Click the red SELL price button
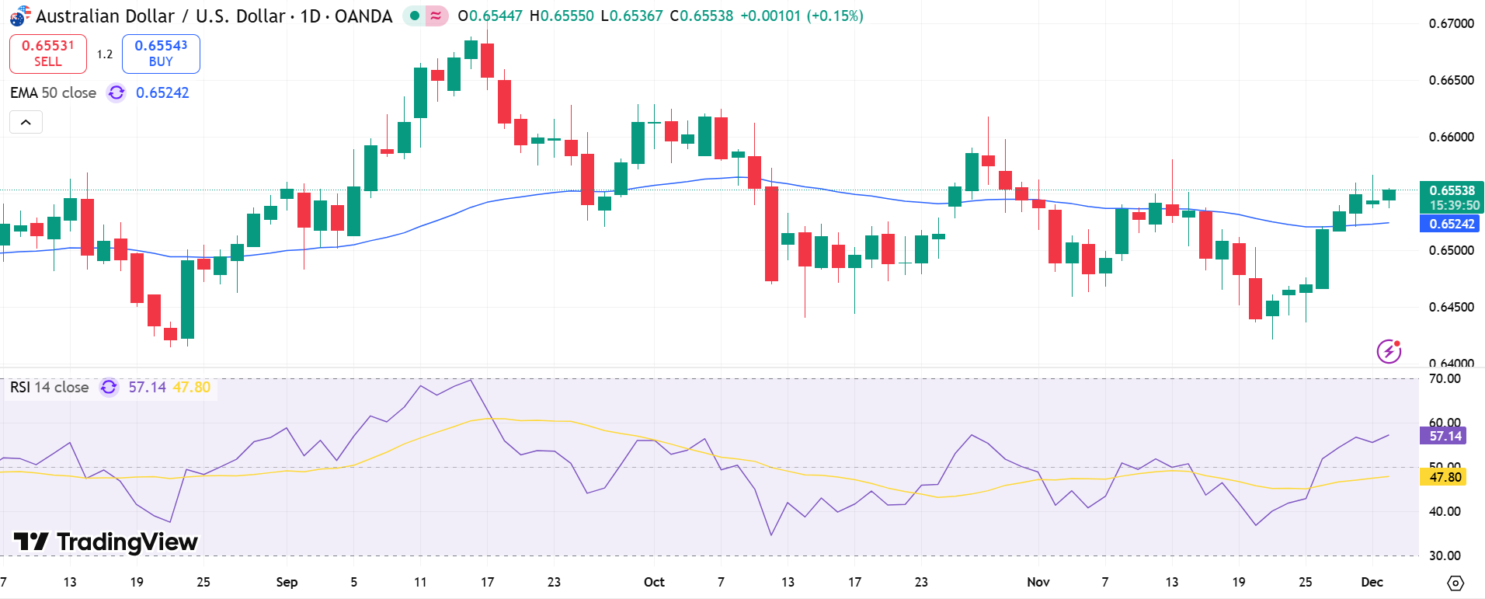pos(47,54)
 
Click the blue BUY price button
pos(161,54)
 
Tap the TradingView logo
pos(106,542)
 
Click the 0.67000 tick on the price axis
pos(1451,23)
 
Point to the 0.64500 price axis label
pos(1451,307)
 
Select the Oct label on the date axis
pos(654,582)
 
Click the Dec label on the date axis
pos(1372,582)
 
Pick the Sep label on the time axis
pos(287,582)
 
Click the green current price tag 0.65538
pos(1452,190)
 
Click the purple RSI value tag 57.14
pos(1445,436)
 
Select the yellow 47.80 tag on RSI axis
pos(1445,477)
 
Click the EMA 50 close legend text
pos(53,92)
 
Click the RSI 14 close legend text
pos(49,387)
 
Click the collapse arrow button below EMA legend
pos(26,122)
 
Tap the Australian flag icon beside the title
pos(19,16)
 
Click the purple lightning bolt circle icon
pos(1389,351)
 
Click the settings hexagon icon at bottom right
pos(1455,583)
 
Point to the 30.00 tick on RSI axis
pos(1445,555)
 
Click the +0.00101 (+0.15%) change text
pos(801,16)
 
